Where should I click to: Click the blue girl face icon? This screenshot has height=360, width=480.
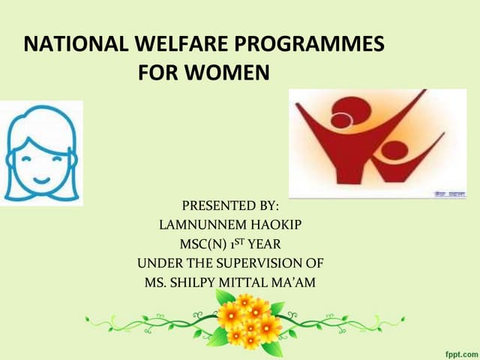pyautogui.click(x=41, y=154)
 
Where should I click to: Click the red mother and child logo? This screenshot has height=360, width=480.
pyautogui.click(x=367, y=142)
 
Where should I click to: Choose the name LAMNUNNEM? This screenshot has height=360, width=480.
pyautogui.click(x=198, y=225)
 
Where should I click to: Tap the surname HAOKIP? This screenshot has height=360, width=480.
pyautogui.click(x=274, y=225)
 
